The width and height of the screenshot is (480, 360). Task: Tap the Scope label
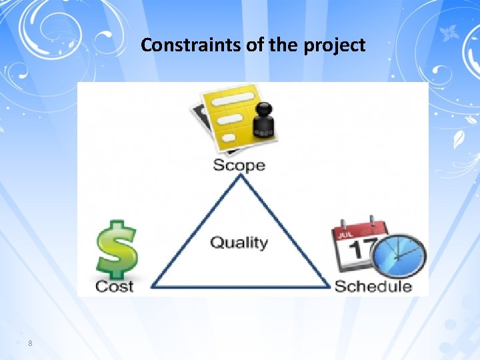point(239,165)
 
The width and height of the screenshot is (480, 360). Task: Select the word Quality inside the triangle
point(239,242)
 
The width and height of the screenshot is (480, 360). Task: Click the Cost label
point(114,286)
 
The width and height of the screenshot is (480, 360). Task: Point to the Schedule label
point(373,286)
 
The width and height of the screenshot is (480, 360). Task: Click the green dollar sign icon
point(116,249)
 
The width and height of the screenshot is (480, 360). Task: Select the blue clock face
point(399,257)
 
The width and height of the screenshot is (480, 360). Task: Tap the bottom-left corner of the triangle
point(153,287)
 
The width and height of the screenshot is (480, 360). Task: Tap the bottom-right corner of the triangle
point(329,287)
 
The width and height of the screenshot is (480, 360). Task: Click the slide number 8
point(30,343)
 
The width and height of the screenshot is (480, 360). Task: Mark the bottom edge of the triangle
point(240,287)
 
